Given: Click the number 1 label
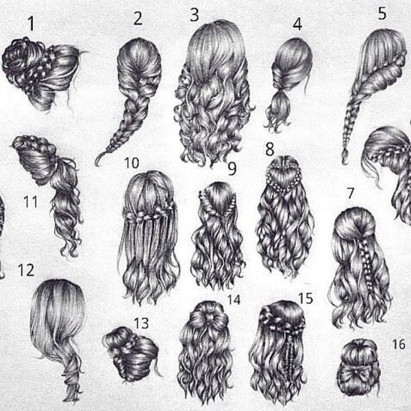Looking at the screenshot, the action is (x=32, y=23).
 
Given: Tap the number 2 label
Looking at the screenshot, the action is (x=138, y=18).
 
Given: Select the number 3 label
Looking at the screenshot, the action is (x=195, y=14).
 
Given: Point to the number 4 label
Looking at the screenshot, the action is (x=297, y=24).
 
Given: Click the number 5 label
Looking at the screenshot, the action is (x=382, y=14).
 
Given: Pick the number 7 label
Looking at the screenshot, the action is (x=351, y=193).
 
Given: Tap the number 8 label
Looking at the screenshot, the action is (x=270, y=149).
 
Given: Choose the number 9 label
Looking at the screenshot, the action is (x=232, y=169).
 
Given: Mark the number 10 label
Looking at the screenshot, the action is (x=132, y=163).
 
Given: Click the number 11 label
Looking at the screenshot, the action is (x=30, y=202).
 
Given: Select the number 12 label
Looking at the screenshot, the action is (x=26, y=271).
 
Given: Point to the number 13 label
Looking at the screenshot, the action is (x=142, y=323).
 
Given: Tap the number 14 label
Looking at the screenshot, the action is (x=234, y=300).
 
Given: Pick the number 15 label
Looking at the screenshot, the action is (x=306, y=298).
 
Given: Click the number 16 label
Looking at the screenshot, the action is (x=399, y=344).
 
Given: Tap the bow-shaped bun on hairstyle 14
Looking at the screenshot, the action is (x=209, y=317).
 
